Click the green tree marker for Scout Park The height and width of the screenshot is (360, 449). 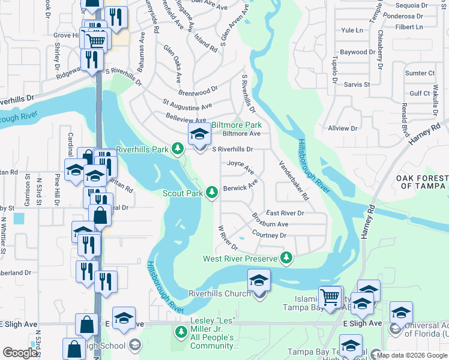tap(211, 193)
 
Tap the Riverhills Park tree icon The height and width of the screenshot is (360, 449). tap(178, 148)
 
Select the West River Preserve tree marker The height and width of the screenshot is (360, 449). tap(287, 258)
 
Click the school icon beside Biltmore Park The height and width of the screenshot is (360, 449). tap(200, 136)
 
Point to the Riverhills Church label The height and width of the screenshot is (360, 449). tap(219, 293)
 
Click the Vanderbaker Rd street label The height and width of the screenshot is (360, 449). tap(294, 180)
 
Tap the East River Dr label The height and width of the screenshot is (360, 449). tap(285, 213)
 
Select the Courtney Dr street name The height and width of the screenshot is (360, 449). tap(269, 235)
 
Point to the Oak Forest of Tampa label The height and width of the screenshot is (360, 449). tap(422, 182)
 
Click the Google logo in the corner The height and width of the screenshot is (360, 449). tap(20, 352)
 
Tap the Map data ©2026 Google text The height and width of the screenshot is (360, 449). tap(411, 355)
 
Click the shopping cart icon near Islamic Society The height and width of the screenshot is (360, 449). tap(330, 296)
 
